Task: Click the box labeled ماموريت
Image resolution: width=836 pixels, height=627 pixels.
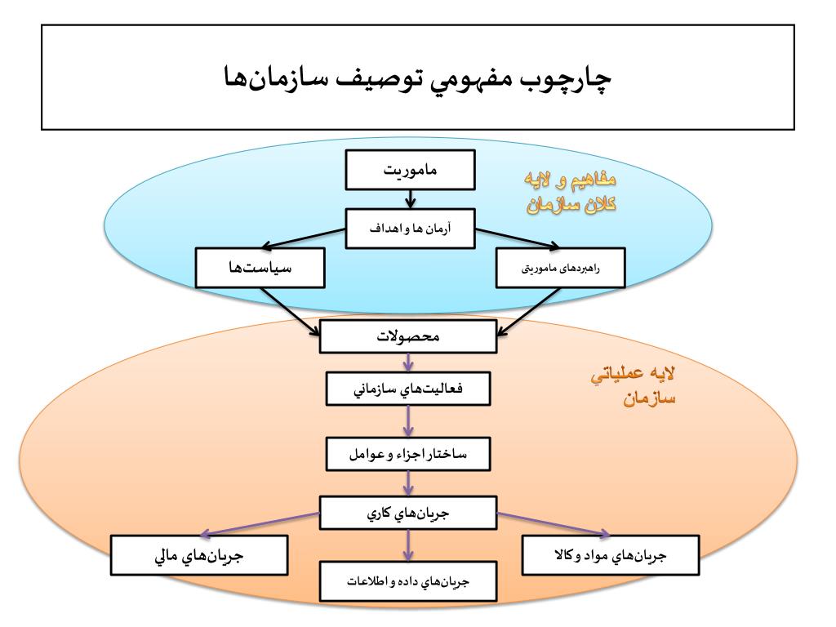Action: (410, 170)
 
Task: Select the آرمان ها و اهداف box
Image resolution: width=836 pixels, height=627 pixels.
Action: (410, 229)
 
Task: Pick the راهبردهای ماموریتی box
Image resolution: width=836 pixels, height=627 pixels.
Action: (561, 269)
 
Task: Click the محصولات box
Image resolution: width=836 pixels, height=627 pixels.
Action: (407, 336)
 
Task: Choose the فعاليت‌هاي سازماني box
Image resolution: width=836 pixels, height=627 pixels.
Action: (408, 389)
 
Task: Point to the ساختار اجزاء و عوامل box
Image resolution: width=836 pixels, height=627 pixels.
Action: (408, 453)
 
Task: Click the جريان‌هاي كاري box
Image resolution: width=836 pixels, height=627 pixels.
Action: (407, 513)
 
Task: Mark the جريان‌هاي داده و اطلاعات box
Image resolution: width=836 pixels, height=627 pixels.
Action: (407, 582)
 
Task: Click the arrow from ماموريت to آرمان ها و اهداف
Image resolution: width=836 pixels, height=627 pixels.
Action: (410, 198)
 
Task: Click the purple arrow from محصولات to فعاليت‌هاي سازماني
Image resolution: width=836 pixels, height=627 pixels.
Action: (408, 363)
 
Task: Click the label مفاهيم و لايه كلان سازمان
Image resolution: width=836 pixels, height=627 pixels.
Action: (569, 193)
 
